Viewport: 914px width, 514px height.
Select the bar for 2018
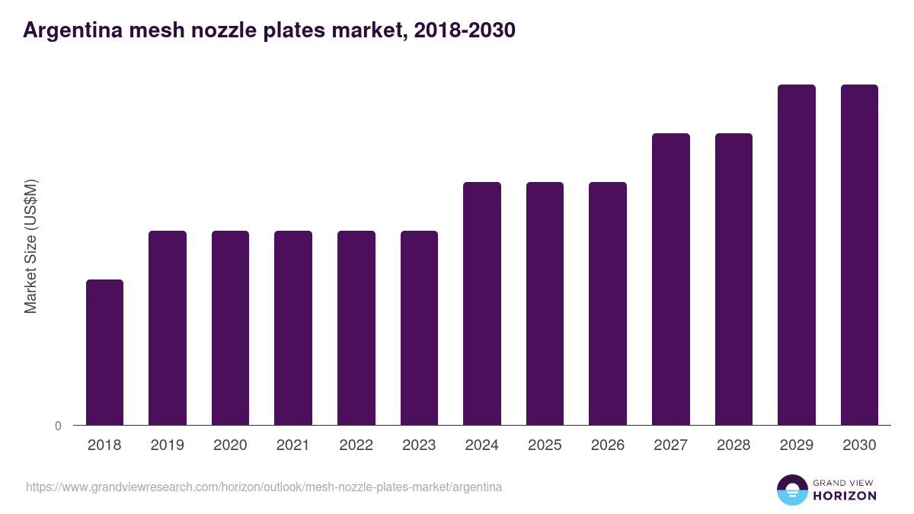click(104, 352)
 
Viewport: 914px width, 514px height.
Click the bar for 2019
click(168, 327)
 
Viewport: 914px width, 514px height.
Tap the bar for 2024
click(482, 303)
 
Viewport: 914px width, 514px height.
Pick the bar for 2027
click(671, 279)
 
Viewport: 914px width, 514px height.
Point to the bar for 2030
click(859, 254)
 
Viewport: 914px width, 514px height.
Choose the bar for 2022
click(356, 327)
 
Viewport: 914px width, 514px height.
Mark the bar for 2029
click(797, 254)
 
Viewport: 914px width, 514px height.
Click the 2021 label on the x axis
click(293, 445)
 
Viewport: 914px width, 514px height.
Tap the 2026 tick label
click(608, 445)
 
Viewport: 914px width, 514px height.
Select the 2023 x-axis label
click(419, 445)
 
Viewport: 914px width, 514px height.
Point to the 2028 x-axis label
click(733, 445)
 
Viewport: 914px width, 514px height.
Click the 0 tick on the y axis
click(58, 426)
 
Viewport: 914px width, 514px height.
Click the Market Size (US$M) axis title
click(30, 246)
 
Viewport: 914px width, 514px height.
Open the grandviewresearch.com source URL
click(264, 487)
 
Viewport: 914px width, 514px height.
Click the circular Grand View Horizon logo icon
click(791, 490)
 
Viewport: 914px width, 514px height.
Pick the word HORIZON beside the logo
click(845, 496)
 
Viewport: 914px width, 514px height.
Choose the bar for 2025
click(545, 303)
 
